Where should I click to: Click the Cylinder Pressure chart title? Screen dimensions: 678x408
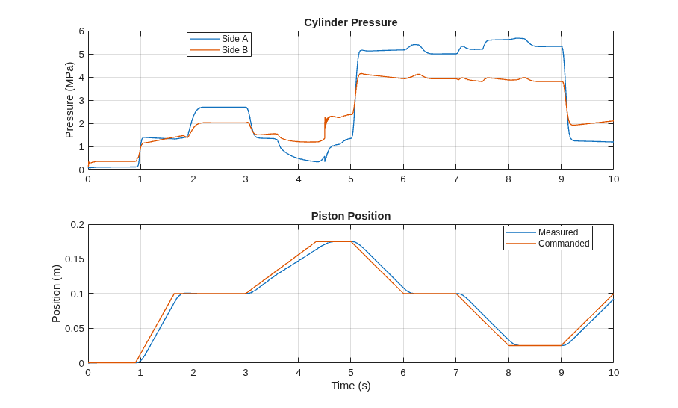pos(351,22)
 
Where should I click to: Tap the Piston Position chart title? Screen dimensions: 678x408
pos(351,216)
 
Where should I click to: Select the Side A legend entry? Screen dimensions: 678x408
pos(219,39)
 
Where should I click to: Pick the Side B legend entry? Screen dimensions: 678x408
pos(219,50)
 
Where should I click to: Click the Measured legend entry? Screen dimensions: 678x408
pos(542,232)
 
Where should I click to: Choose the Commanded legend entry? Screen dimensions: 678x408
pos(548,243)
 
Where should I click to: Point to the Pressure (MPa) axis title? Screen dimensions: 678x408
pos(69,100)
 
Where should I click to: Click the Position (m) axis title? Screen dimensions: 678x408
pos(56,294)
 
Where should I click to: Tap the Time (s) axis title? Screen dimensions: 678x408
pos(351,386)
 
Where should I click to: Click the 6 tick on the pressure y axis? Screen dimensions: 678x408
pos(81,31)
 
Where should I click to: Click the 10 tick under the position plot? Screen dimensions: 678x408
pos(614,373)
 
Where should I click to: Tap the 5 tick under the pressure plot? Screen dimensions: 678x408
pos(351,179)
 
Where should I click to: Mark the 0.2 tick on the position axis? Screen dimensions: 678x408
pos(78,225)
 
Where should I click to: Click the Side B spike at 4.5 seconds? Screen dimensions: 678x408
pos(325,117)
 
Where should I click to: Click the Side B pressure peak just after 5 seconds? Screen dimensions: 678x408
pos(361,73)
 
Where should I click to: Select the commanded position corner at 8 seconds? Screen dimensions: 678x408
pos(508,346)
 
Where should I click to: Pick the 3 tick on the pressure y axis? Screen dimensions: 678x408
pos(81,100)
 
